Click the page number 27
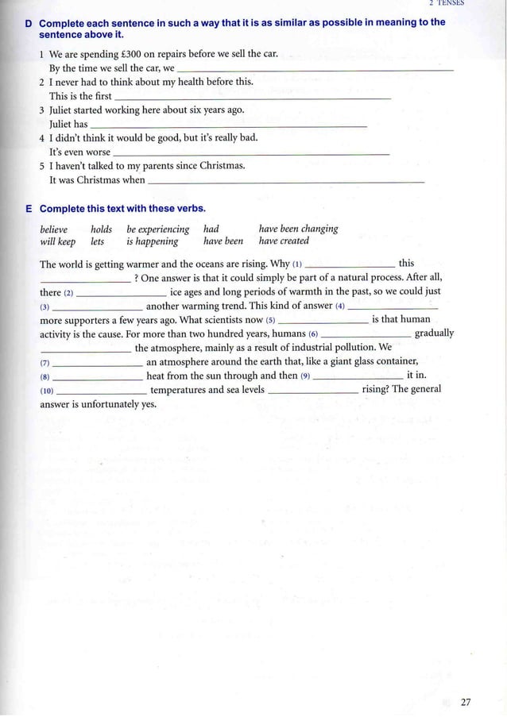466,702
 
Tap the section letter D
29,23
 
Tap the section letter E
29,209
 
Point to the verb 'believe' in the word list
54,229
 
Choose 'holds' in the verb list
101,229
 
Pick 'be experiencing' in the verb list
157,229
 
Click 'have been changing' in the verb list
298,229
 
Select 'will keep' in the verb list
57,241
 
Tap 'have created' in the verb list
284,241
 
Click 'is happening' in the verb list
152,241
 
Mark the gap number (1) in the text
297,264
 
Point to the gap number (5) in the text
271,320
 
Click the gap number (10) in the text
47,391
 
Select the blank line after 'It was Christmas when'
286,182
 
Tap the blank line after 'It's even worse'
252,153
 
